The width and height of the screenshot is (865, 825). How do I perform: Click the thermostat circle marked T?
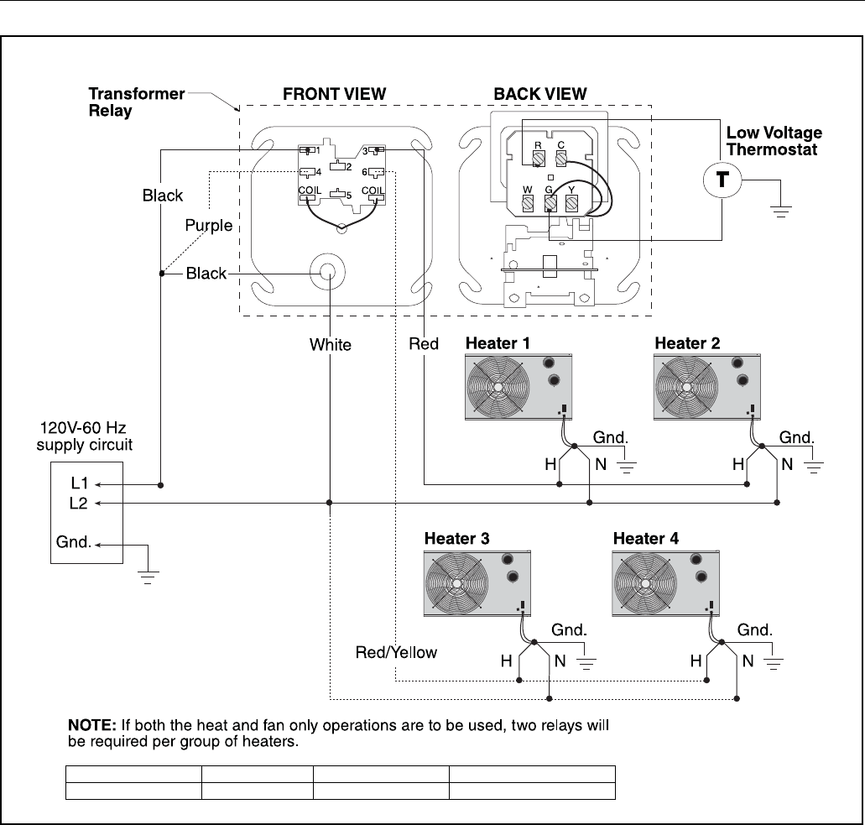(722, 180)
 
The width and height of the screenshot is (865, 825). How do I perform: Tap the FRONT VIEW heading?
(334, 94)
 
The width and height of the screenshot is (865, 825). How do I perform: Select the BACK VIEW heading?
(540, 94)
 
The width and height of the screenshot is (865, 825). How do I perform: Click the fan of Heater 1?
(498, 387)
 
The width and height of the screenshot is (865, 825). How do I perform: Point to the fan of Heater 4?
(645, 583)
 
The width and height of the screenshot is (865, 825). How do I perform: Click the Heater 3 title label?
(456, 539)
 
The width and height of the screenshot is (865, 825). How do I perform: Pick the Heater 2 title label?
(687, 343)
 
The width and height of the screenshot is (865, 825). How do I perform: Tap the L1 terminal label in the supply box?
(80, 483)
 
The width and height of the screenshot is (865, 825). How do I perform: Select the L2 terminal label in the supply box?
(78, 504)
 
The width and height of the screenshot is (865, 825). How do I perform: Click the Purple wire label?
(209, 226)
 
